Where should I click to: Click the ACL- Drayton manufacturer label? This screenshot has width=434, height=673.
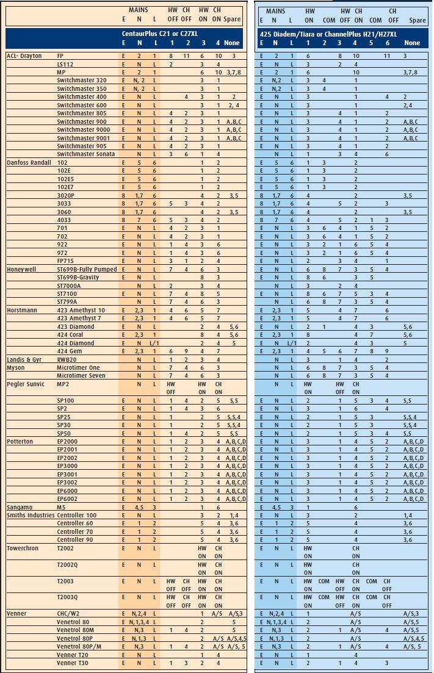(24, 56)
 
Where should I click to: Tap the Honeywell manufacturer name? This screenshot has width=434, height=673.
(21, 269)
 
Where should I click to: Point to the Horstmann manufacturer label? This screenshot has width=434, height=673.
(23, 310)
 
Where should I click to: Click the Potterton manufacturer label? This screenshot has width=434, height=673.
(20, 441)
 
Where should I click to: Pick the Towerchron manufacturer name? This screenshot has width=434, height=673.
(23, 548)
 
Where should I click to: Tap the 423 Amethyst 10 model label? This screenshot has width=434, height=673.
(81, 310)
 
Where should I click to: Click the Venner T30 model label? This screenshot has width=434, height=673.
(72, 663)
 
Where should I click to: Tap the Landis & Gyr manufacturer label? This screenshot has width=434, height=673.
(24, 359)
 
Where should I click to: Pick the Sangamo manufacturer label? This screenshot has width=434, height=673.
(19, 507)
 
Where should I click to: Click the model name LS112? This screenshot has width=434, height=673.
(65, 64)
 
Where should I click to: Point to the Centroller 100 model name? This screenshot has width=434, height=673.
(76, 515)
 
